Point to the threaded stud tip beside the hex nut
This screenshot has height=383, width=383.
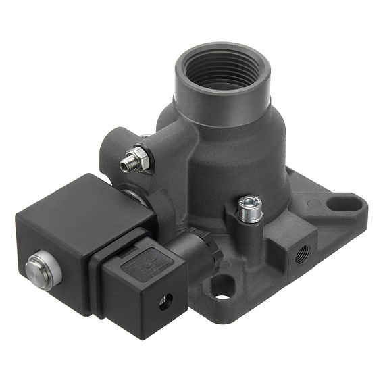coord(126,165)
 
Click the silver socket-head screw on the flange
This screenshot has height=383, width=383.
coord(249,203)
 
